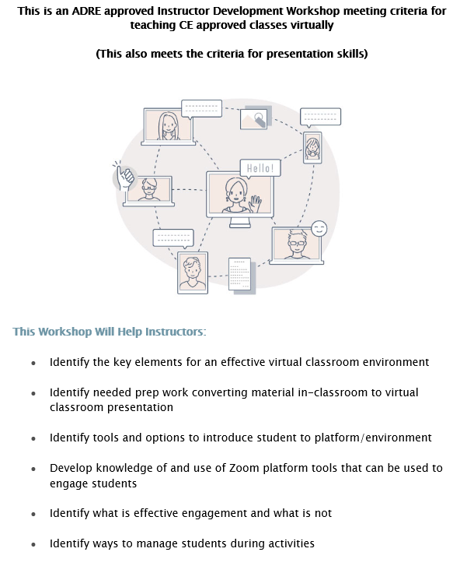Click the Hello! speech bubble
click(260, 169)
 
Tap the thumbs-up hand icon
click(124, 177)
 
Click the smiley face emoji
click(319, 228)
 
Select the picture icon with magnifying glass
click(256, 118)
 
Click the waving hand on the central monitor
click(255, 203)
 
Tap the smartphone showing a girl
click(312, 147)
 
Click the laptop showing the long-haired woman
click(168, 127)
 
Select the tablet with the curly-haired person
click(193, 272)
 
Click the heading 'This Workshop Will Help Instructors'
click(110, 332)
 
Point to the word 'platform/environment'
click(373, 438)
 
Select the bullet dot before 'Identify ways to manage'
click(33, 544)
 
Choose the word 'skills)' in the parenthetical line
click(352, 54)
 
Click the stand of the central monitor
click(240, 223)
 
